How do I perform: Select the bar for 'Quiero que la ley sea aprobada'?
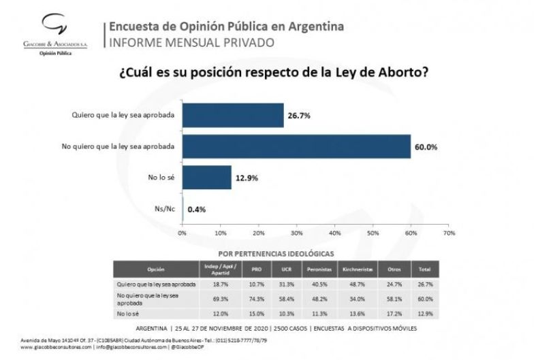232,115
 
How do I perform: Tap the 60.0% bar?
296,146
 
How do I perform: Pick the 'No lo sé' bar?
206,178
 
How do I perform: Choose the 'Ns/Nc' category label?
164,208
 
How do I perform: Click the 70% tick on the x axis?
449,233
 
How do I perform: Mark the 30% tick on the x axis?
296,233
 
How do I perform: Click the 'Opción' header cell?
156,269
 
